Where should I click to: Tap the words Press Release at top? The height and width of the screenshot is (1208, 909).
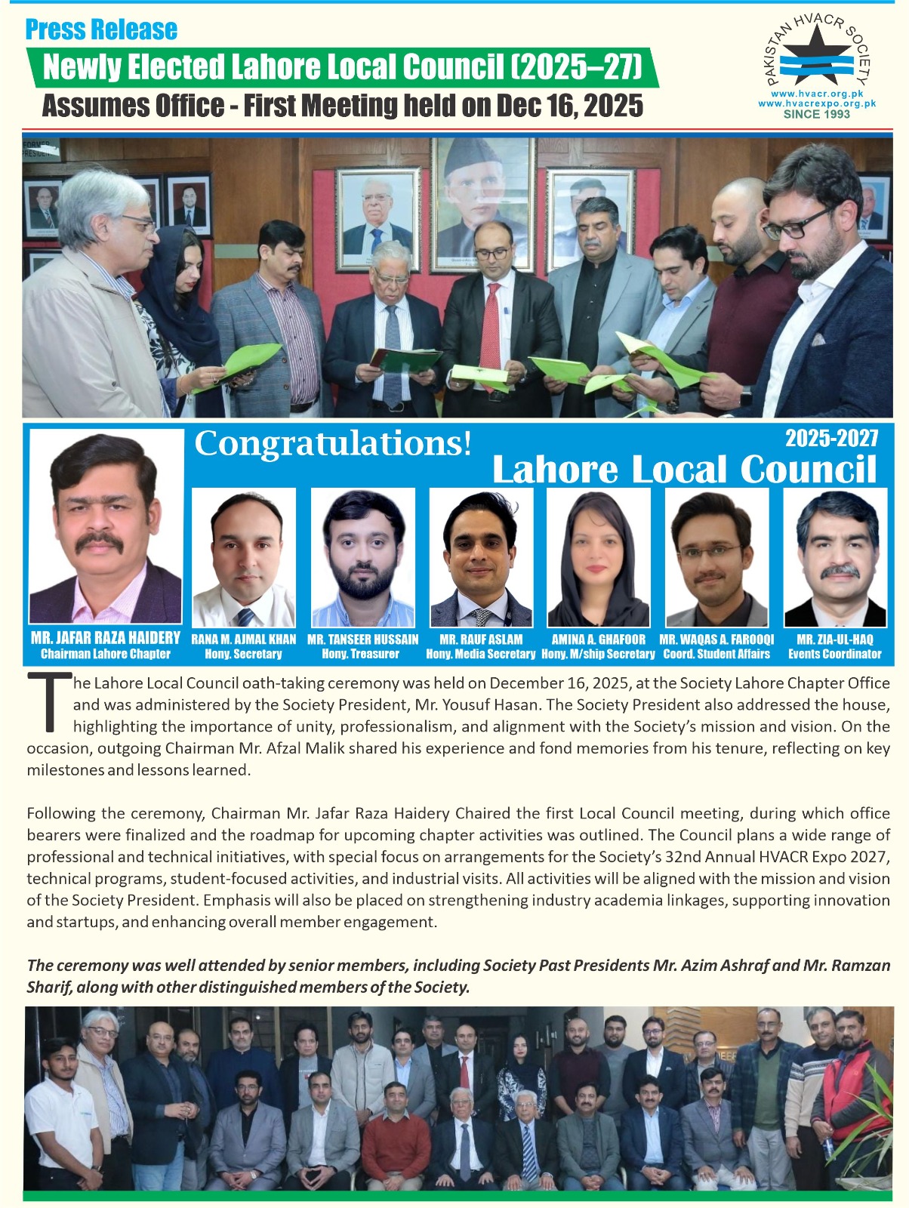point(101,29)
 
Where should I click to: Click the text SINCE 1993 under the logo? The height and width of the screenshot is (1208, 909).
point(816,115)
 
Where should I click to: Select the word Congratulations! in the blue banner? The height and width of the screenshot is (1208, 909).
point(333,443)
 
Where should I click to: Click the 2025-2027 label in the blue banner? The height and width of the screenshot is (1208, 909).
point(831,438)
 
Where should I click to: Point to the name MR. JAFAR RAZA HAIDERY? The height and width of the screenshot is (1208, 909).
point(106,638)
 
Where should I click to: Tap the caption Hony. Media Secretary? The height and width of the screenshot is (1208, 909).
point(481,654)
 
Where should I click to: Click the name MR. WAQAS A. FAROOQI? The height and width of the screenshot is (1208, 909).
point(716,639)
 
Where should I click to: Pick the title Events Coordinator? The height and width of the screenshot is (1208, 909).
point(835,654)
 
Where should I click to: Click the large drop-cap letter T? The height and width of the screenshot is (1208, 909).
point(48,702)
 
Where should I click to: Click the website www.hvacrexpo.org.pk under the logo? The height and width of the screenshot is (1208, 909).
point(816,103)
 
